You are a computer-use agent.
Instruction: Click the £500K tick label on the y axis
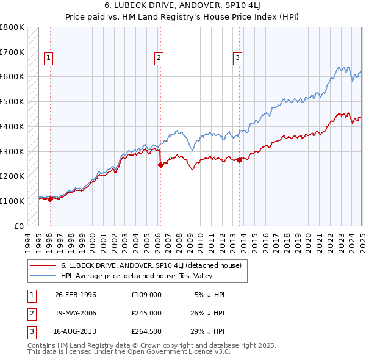pyautogui.click(x=12, y=101)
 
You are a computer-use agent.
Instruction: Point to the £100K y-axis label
pyautogui.click(x=12, y=201)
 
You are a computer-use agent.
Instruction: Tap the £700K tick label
pyautogui.click(x=12, y=52)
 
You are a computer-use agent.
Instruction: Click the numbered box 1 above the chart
pyautogui.click(x=48, y=58)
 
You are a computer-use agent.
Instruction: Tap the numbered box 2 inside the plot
pyautogui.click(x=159, y=58)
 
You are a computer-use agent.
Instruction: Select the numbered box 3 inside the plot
pyautogui.click(x=237, y=58)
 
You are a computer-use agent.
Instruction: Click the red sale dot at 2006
pyautogui.click(x=160, y=164)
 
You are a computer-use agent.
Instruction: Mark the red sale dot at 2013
pyautogui.click(x=239, y=160)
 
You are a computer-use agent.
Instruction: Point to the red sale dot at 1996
pyautogui.click(x=50, y=198)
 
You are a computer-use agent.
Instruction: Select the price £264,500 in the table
pyautogui.click(x=146, y=331)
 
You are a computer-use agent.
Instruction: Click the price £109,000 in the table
pyautogui.click(x=146, y=295)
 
